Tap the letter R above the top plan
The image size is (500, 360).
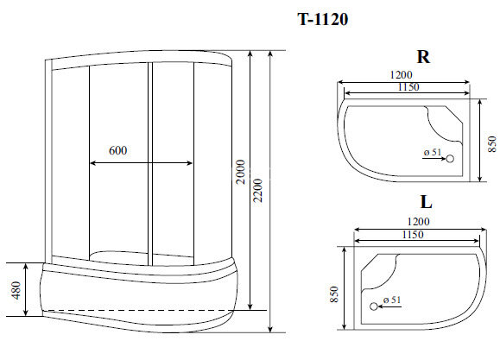pos(423,57)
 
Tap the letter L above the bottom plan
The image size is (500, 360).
pos(426,205)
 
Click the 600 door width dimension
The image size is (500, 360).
pos(118,151)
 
